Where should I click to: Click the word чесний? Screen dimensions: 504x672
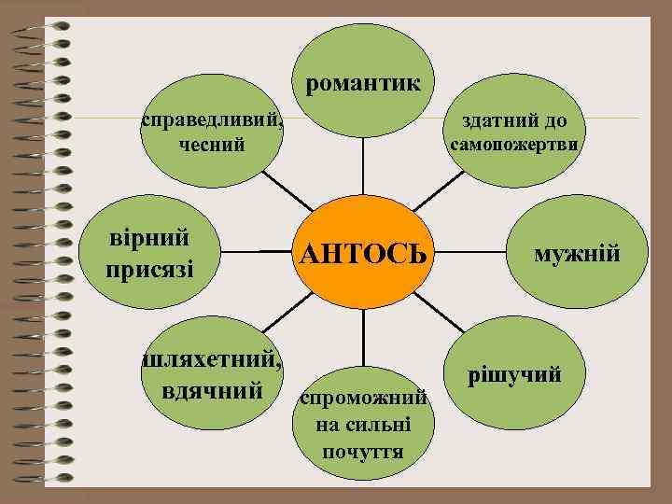[x=210, y=145]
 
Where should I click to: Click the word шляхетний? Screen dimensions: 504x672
[x=212, y=357]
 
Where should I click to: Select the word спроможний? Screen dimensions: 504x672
[x=362, y=399]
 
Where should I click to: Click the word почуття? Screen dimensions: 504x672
[x=362, y=452]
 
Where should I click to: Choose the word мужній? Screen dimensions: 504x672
[x=576, y=253]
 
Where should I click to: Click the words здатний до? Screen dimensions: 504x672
[x=515, y=121]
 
